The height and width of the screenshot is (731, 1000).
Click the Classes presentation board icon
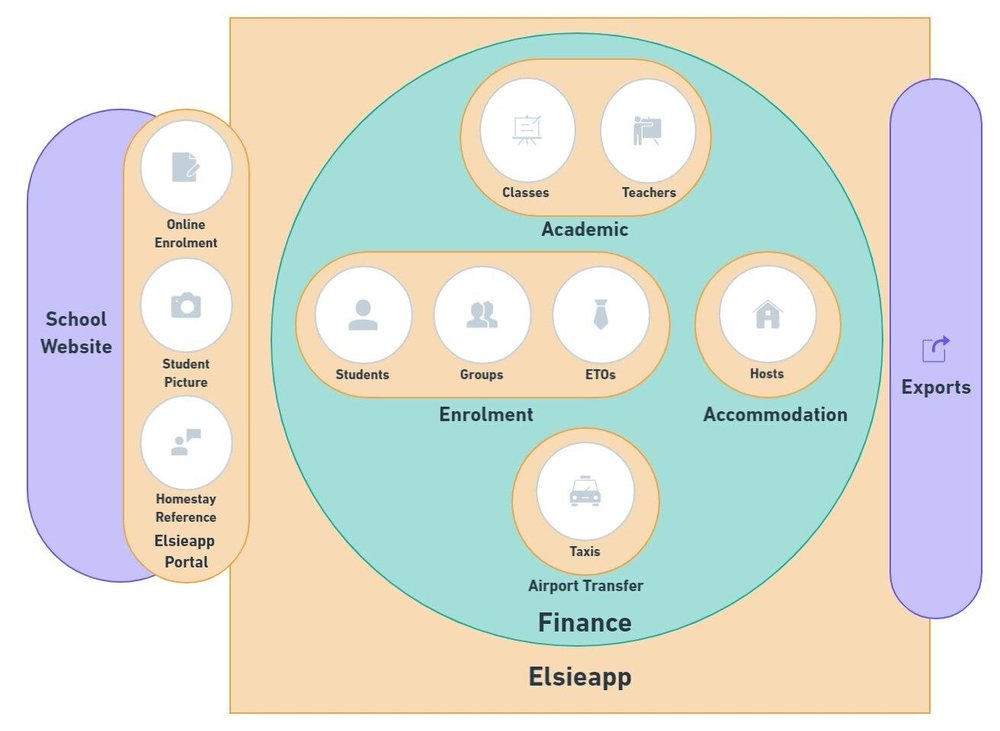[527, 131]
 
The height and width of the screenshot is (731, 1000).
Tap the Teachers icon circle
[647, 131]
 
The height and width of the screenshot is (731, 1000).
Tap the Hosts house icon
[767, 315]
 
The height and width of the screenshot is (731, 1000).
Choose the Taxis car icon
[584, 492]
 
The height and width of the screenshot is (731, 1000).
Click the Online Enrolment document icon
[186, 167]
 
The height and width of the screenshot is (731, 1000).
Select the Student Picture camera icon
[186, 305]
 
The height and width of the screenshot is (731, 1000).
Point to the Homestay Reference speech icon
[186, 442]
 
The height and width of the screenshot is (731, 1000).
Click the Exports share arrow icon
[935, 349]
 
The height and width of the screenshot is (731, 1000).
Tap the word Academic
[585, 230]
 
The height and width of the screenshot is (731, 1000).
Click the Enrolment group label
[486, 414]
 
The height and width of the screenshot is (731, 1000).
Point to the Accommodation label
[775, 414]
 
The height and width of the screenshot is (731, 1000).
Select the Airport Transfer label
[585, 586]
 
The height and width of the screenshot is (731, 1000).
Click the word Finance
[585, 623]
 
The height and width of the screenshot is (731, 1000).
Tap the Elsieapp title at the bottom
[580, 677]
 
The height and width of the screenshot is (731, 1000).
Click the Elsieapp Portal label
[186, 551]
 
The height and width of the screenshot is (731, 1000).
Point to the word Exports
[936, 387]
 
